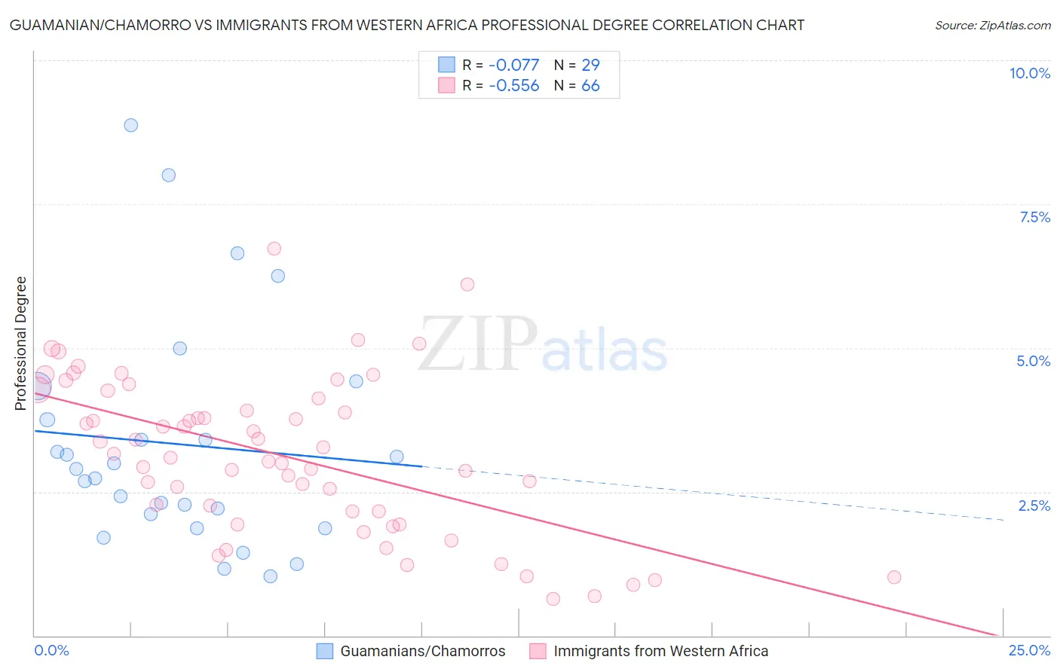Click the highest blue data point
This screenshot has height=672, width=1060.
131,125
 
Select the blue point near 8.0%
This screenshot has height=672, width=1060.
169,175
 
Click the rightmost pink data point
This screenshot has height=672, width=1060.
894,577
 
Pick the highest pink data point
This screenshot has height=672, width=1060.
274,249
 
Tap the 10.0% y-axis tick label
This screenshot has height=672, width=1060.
1030,73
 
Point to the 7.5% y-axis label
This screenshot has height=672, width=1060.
1034,217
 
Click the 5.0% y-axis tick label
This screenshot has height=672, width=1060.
1033,361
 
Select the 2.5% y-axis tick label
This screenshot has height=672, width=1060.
1034,506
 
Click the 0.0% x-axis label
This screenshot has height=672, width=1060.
51,651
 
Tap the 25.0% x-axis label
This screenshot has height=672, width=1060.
1029,651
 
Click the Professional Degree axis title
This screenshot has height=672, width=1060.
20,344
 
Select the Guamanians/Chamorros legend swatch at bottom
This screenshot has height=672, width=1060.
325,652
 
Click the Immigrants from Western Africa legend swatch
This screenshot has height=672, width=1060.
538,652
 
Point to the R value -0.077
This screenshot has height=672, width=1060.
514,65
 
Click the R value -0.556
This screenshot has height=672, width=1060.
514,86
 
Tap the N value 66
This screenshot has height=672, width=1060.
590,86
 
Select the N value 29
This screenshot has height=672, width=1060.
590,65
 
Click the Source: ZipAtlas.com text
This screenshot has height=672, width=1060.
992,26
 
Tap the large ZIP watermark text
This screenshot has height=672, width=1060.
478,344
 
